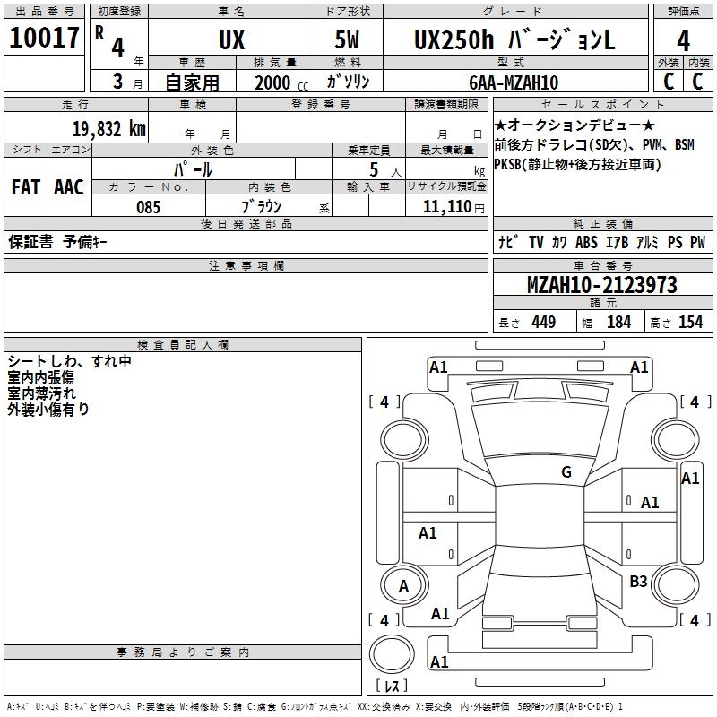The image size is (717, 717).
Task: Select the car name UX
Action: point(231,40)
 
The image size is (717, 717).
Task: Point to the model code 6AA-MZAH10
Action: point(514,82)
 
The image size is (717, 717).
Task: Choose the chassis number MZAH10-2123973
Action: point(601,286)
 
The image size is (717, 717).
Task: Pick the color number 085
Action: point(148,207)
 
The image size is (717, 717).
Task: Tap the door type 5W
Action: point(350,40)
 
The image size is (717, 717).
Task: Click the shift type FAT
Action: point(25,187)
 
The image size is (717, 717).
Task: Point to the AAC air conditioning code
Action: point(69,187)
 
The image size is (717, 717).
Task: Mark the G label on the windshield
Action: point(566,472)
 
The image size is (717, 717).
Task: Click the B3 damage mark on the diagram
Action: point(638,582)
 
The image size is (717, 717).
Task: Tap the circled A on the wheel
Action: point(403,586)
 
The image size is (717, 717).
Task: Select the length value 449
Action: point(543,323)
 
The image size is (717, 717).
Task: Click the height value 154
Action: point(690,323)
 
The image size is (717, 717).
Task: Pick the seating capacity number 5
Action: point(373,169)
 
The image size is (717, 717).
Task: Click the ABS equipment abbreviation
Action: point(586,243)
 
